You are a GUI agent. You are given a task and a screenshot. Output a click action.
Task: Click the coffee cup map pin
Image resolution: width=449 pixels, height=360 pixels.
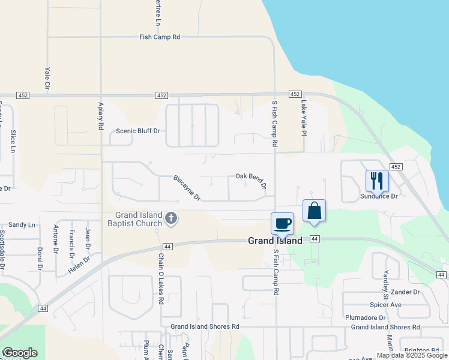click(283, 224)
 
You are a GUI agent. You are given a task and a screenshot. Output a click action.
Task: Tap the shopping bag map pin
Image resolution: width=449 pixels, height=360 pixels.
click(314, 211)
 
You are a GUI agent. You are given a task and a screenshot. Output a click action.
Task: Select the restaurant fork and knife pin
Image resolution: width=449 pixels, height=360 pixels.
click(377, 179)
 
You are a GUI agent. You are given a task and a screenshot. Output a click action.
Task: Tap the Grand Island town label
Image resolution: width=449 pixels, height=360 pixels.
click(276, 241)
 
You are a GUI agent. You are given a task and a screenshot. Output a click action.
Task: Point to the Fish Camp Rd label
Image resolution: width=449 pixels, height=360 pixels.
click(160, 37)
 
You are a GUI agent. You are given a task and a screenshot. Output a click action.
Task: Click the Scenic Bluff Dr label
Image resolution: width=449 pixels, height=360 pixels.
click(138, 131)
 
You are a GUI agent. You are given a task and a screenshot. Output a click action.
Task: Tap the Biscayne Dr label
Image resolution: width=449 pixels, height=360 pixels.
click(187, 188)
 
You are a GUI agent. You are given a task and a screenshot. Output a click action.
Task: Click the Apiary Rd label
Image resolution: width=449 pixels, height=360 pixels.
click(101, 116)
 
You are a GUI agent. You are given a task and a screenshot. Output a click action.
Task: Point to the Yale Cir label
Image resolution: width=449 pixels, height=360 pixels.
click(46, 79)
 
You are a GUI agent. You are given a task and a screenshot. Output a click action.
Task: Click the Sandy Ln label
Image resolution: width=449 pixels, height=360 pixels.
click(22, 224)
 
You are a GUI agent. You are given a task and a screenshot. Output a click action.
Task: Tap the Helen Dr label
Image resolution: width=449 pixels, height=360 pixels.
click(79, 263)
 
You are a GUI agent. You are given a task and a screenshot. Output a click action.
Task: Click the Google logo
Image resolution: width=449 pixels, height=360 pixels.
click(20, 353)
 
